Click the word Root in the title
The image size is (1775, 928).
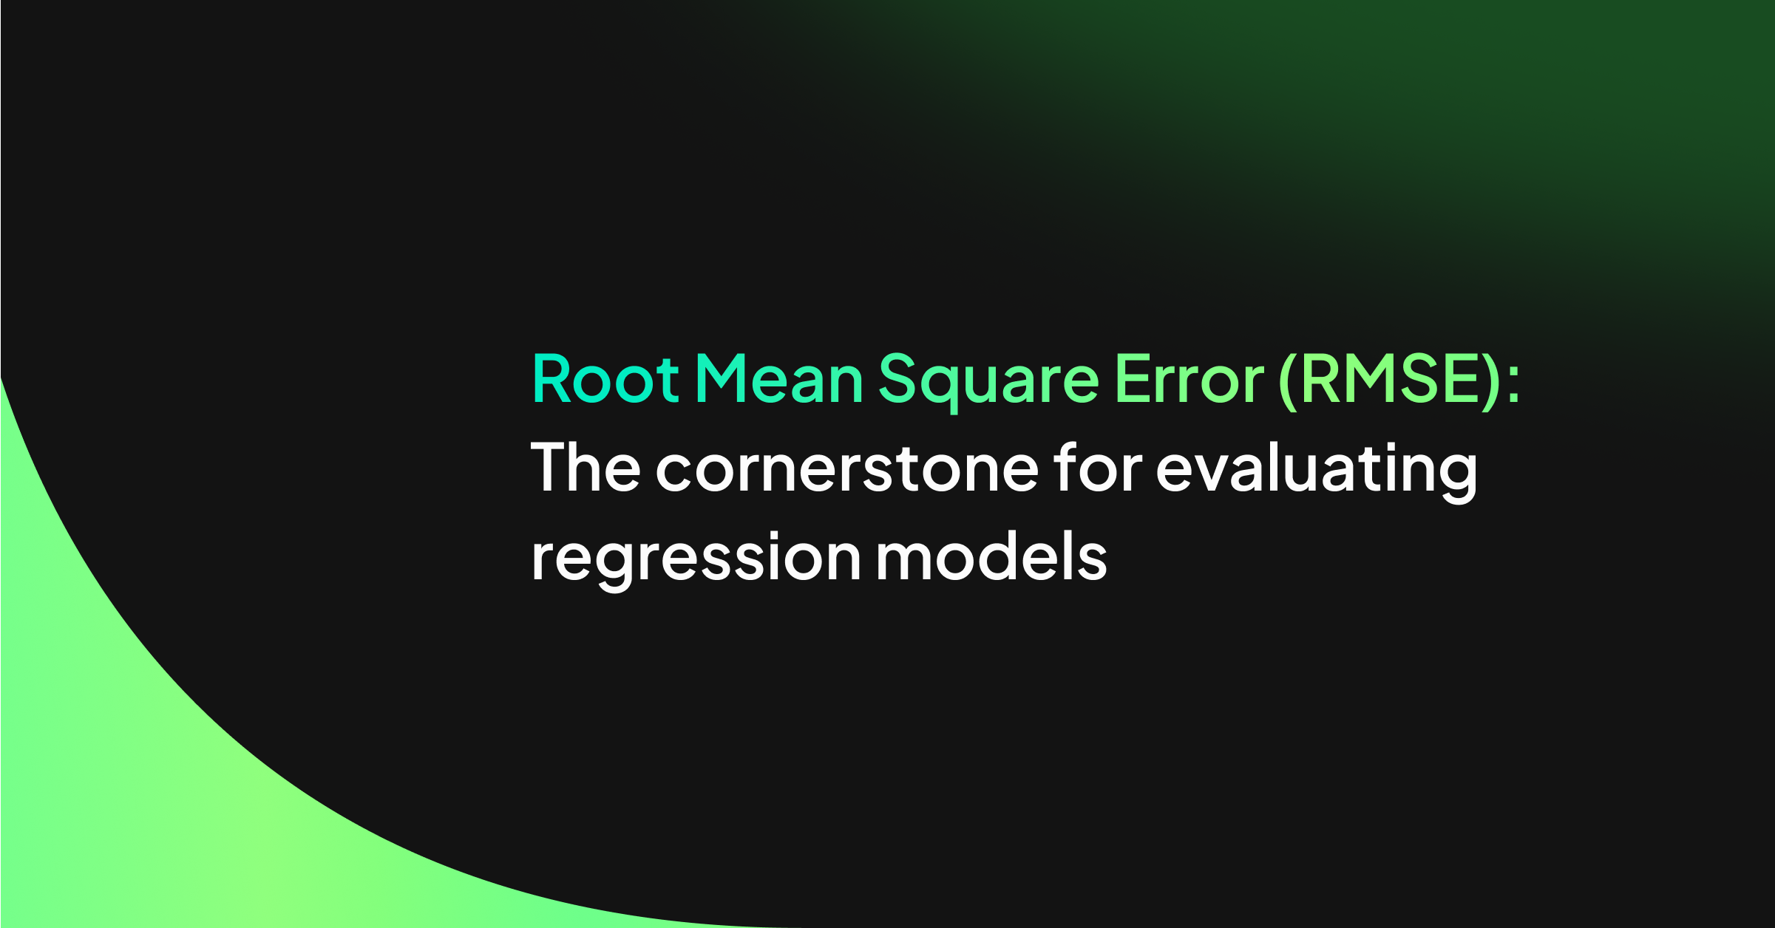[605, 379]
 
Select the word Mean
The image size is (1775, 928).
[779, 379]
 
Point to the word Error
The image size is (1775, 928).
[1189, 379]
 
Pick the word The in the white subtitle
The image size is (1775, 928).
[585, 467]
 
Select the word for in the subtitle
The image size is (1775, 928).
[1098, 467]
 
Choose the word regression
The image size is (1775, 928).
[696, 559]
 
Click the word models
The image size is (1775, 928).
[991, 557]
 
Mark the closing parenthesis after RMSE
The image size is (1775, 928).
[1493, 381]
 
